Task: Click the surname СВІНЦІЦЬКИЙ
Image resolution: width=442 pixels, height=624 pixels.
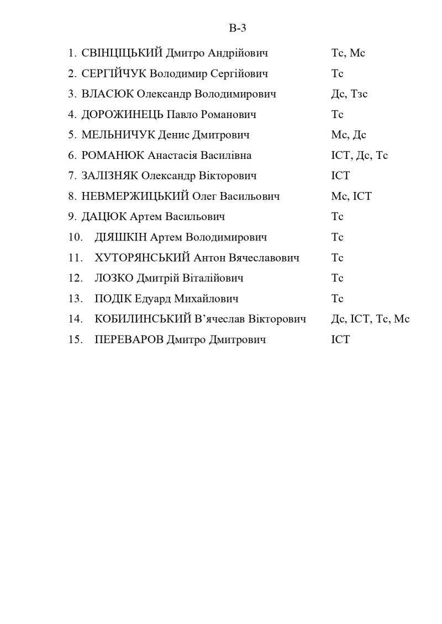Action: tap(122, 54)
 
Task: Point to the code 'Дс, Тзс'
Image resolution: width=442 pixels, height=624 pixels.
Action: tap(349, 94)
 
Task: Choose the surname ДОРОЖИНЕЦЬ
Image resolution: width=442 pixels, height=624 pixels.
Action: tap(122, 115)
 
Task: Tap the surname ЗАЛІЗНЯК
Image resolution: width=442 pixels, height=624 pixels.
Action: tap(109, 176)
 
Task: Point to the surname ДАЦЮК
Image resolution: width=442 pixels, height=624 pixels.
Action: tap(104, 217)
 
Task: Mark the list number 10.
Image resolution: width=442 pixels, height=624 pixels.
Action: tap(75, 237)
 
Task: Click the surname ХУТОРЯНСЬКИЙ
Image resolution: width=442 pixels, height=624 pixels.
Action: tap(143, 258)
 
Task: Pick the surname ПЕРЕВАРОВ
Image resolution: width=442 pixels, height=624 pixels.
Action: tap(129, 339)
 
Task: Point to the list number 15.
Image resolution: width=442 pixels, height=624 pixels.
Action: tap(75, 339)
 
